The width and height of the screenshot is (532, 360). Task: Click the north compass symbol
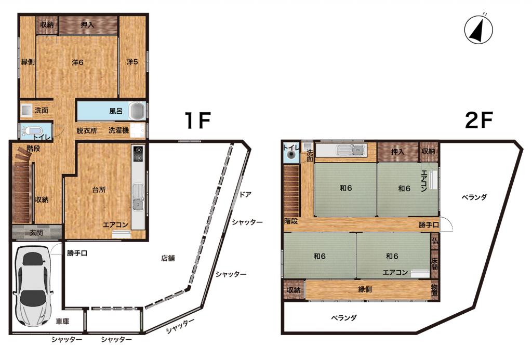coord(478,30)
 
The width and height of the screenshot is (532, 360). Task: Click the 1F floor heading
coord(197,121)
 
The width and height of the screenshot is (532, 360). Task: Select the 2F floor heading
coord(478,121)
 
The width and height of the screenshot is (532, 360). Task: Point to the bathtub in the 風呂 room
coord(137,111)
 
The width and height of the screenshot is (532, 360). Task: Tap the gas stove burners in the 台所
coord(138,153)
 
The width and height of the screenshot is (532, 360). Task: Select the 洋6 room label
coord(78,62)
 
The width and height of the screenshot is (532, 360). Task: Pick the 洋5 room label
coord(132,62)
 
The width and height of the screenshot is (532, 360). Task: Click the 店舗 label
coord(168,258)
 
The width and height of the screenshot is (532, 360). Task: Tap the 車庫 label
coord(62,321)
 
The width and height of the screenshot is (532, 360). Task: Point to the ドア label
coord(245,194)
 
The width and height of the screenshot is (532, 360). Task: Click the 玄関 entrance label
coord(36,233)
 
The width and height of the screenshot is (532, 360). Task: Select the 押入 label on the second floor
coord(397,151)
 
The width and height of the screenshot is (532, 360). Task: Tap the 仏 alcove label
coord(435,241)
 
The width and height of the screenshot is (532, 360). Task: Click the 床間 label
coord(435,264)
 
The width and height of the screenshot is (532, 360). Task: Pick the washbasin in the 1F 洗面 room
coord(26,110)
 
